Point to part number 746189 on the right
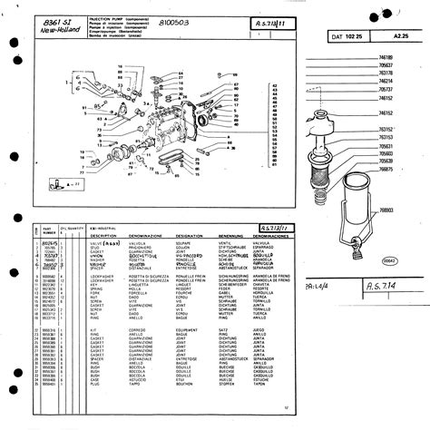[x=386, y=57]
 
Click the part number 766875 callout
[x=386, y=170]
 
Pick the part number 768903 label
[x=386, y=210]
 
